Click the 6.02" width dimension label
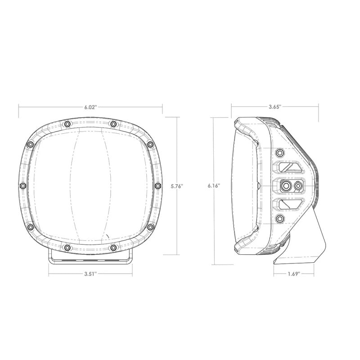90,107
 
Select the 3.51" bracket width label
90,273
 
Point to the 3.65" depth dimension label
274,107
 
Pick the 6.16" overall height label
214,185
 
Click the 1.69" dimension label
293,273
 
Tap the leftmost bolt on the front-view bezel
22,185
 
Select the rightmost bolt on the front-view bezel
157,185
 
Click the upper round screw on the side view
280,151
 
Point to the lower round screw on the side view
280,219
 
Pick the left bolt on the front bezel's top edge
67,124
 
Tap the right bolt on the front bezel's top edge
113,124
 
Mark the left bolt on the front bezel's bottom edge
67,247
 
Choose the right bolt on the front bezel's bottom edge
113,247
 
